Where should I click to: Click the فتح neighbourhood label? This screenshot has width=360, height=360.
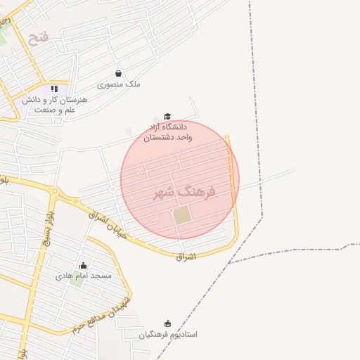pyautogui.click(x=39, y=35)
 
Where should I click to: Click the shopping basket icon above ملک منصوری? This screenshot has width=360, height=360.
pyautogui.click(x=118, y=73)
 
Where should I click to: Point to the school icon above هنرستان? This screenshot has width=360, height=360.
pyautogui.click(x=54, y=89)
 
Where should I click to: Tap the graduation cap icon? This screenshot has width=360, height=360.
pyautogui.click(x=167, y=117)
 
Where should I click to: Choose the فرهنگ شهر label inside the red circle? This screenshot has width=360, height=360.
pyautogui.click(x=184, y=191)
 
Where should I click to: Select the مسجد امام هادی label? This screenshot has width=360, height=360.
pyautogui.click(x=84, y=276)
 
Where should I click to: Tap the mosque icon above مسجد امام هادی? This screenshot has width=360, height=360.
pyautogui.click(x=84, y=265)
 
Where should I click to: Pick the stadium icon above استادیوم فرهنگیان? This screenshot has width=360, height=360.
pyautogui.click(x=167, y=323)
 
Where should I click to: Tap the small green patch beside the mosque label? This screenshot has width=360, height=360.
pyautogui.click(x=76, y=283)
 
